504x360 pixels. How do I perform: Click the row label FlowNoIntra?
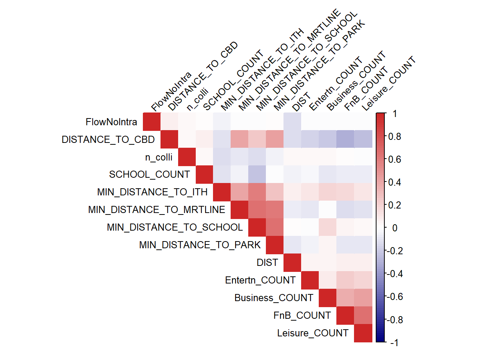pyautogui.click(x=111, y=122)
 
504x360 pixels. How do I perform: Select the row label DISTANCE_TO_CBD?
pyautogui.click(x=108, y=139)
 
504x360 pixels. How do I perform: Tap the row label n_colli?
pyautogui.click(x=159, y=157)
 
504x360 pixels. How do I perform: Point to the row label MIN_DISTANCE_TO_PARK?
pyautogui.click(x=200, y=245)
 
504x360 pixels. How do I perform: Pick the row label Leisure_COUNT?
pyautogui.click(x=313, y=333)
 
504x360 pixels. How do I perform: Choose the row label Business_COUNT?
pyautogui.click(x=274, y=298)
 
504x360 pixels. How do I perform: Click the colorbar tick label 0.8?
pyautogui.click(x=394, y=136)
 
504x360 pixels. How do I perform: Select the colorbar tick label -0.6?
pyautogui.click(x=395, y=297)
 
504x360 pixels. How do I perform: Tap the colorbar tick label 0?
pyautogui.click(x=395, y=228)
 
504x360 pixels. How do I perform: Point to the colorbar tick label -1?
pyautogui.click(x=394, y=343)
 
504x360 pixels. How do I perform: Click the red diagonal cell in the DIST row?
pyautogui.click(x=292, y=262)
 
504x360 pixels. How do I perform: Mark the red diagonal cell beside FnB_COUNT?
pyautogui.click(x=345, y=315)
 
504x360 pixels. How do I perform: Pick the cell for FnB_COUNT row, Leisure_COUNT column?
pyautogui.click(x=363, y=315)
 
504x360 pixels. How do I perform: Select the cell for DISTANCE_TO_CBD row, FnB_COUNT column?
pyautogui.click(x=345, y=139)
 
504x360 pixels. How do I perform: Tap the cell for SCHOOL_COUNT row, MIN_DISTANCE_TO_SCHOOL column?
pyautogui.click(x=257, y=174)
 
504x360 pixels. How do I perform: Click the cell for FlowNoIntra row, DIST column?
pyautogui.click(x=292, y=121)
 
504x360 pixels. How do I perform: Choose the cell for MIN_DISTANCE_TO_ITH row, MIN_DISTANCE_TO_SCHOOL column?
pyautogui.click(x=257, y=192)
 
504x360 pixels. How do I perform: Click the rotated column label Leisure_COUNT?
pyautogui.click(x=388, y=83)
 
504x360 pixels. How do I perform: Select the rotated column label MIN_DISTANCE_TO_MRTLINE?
pyautogui.click(x=289, y=60)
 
